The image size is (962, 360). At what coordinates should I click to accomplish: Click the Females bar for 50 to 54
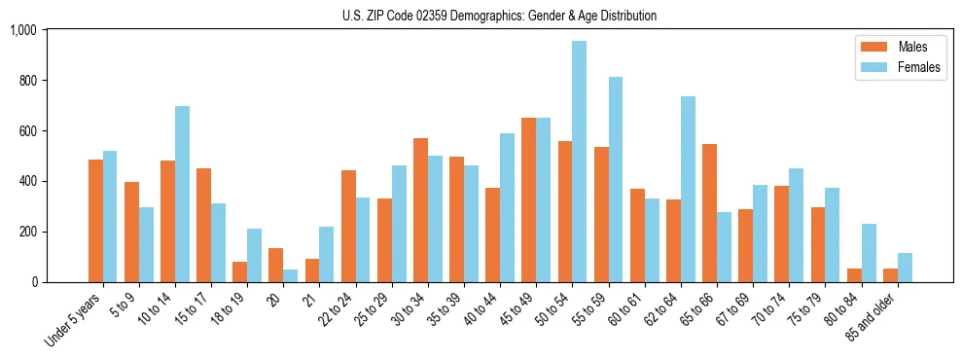[x=580, y=162]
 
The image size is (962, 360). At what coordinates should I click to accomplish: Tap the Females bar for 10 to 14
[x=182, y=194]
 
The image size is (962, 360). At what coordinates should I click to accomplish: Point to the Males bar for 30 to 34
[x=420, y=210]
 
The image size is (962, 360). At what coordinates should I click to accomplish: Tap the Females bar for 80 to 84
[x=869, y=253]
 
